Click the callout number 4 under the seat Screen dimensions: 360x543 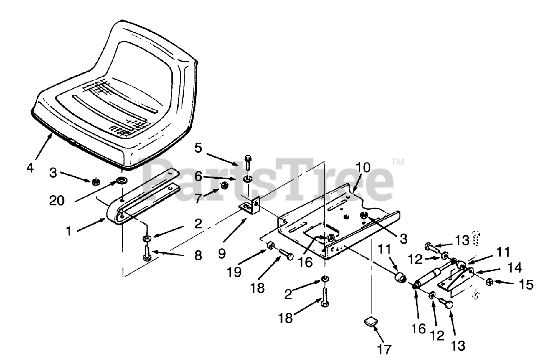point(29,168)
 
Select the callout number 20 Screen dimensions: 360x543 point(57,200)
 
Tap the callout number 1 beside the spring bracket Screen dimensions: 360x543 point(68,232)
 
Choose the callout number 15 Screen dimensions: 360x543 point(526,284)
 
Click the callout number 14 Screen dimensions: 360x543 point(514,267)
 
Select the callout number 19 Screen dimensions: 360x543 point(234,272)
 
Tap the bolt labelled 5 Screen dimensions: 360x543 point(248,163)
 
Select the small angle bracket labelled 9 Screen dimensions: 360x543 point(251,207)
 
